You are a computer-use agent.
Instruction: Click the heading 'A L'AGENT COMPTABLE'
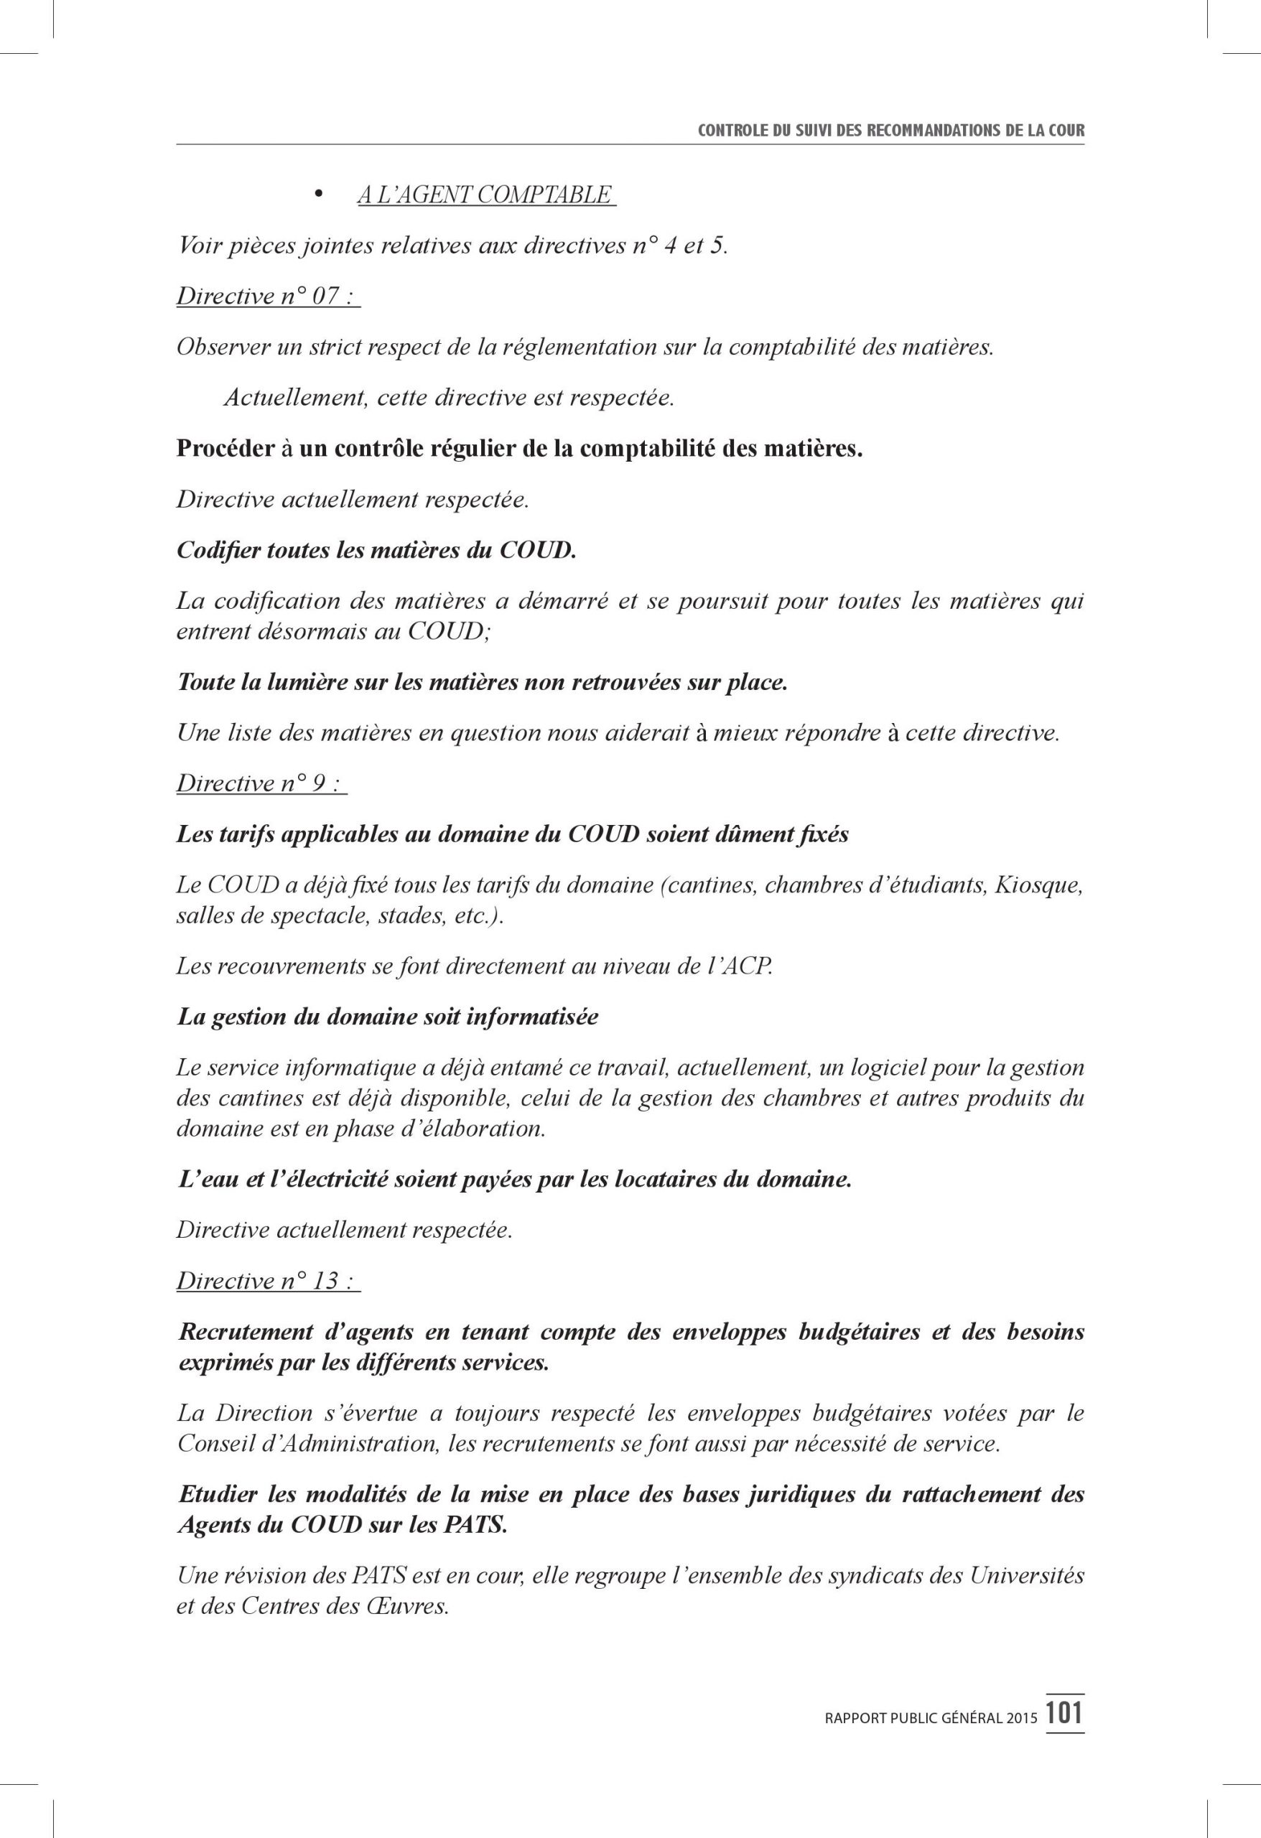point(485,195)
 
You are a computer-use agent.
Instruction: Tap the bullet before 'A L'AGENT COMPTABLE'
point(320,195)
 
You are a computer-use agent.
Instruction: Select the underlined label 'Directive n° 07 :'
point(267,297)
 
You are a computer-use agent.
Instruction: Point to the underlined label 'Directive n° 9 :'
point(261,784)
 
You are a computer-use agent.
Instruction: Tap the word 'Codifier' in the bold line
point(218,551)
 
